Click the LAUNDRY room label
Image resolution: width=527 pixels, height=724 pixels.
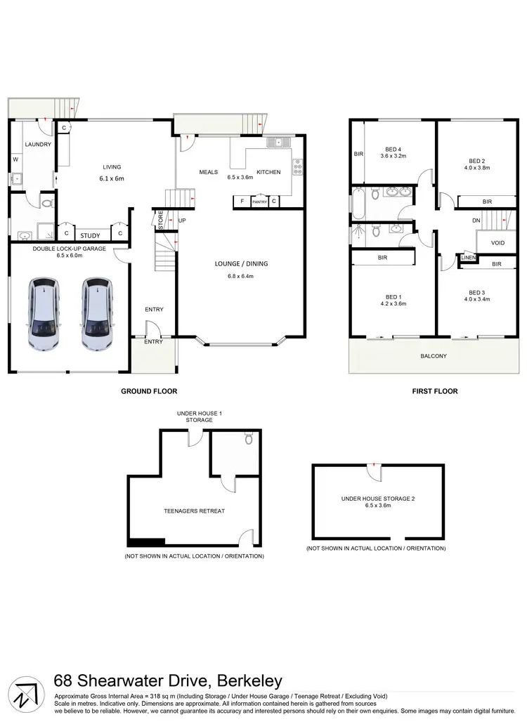37,145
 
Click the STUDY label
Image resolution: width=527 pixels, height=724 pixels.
90,236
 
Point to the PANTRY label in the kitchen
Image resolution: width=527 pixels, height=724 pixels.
260,202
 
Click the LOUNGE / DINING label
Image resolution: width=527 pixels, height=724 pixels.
242,264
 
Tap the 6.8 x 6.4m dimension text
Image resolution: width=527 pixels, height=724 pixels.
242,276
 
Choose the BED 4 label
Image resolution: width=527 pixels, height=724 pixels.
393,149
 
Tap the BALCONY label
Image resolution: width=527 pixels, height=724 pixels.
434,356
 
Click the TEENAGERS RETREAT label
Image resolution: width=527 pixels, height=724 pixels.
194,511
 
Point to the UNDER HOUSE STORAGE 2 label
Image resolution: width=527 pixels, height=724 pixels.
378,499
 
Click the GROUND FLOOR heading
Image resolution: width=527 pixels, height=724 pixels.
149,391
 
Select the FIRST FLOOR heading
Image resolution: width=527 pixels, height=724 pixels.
434,391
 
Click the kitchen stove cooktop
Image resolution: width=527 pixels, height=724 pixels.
297,166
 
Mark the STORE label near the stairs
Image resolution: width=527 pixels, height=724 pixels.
160,221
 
